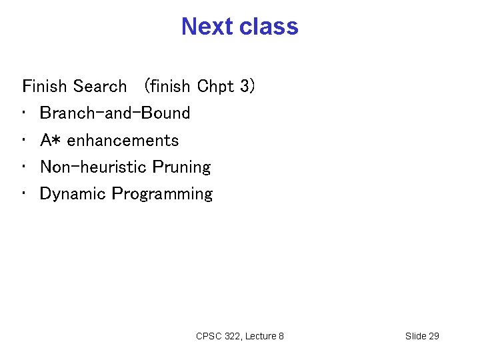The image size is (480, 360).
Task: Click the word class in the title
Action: (x=270, y=27)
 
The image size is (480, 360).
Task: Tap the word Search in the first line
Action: (x=99, y=87)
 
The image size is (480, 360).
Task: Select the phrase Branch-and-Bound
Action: (x=115, y=113)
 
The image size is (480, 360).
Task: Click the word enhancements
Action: (x=123, y=141)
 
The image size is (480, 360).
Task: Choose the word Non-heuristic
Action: (x=93, y=167)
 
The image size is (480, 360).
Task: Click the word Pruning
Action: (x=181, y=167)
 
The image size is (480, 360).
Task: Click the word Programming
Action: (x=162, y=194)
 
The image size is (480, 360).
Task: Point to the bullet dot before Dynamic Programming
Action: (x=25, y=195)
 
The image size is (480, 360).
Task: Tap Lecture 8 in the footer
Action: (x=265, y=336)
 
